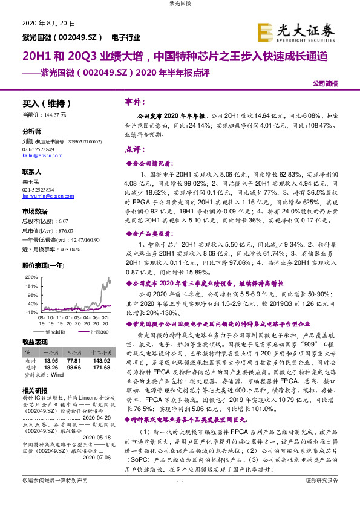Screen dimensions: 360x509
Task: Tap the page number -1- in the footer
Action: pyautogui.click(x=179, y=496)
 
